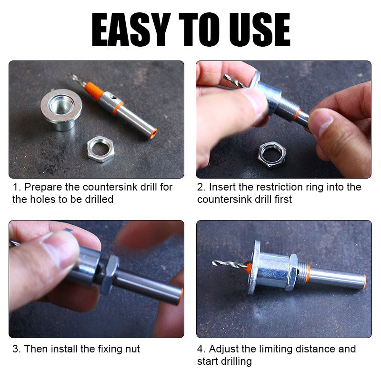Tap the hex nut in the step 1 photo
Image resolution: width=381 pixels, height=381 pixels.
tap(100, 149)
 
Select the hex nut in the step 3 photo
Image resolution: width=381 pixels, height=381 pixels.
tap(109, 274)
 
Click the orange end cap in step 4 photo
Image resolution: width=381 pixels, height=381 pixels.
tap(364, 282)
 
